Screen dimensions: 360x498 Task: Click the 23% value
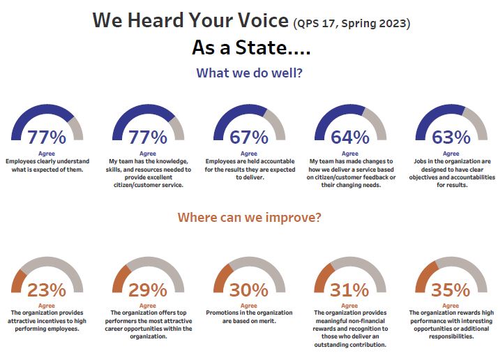pos(47,290)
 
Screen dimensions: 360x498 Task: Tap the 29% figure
pos(148,290)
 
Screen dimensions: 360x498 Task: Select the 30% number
pos(248,290)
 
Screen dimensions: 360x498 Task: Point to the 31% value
pos(350,290)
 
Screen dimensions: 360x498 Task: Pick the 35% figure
pos(451,290)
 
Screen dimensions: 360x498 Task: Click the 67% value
pos(248,137)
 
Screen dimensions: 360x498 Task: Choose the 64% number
pos(350,137)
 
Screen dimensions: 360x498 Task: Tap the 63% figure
pos(451,137)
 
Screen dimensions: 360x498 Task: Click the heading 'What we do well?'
pos(249,73)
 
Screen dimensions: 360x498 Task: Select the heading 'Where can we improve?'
pos(249,217)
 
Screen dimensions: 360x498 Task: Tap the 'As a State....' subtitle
pos(251,49)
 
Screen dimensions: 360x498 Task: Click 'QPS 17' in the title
pos(317,23)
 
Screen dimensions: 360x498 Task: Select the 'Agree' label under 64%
pos(350,153)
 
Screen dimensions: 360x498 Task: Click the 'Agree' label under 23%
pos(47,305)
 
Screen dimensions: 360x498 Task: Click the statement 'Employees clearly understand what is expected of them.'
pos(47,165)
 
